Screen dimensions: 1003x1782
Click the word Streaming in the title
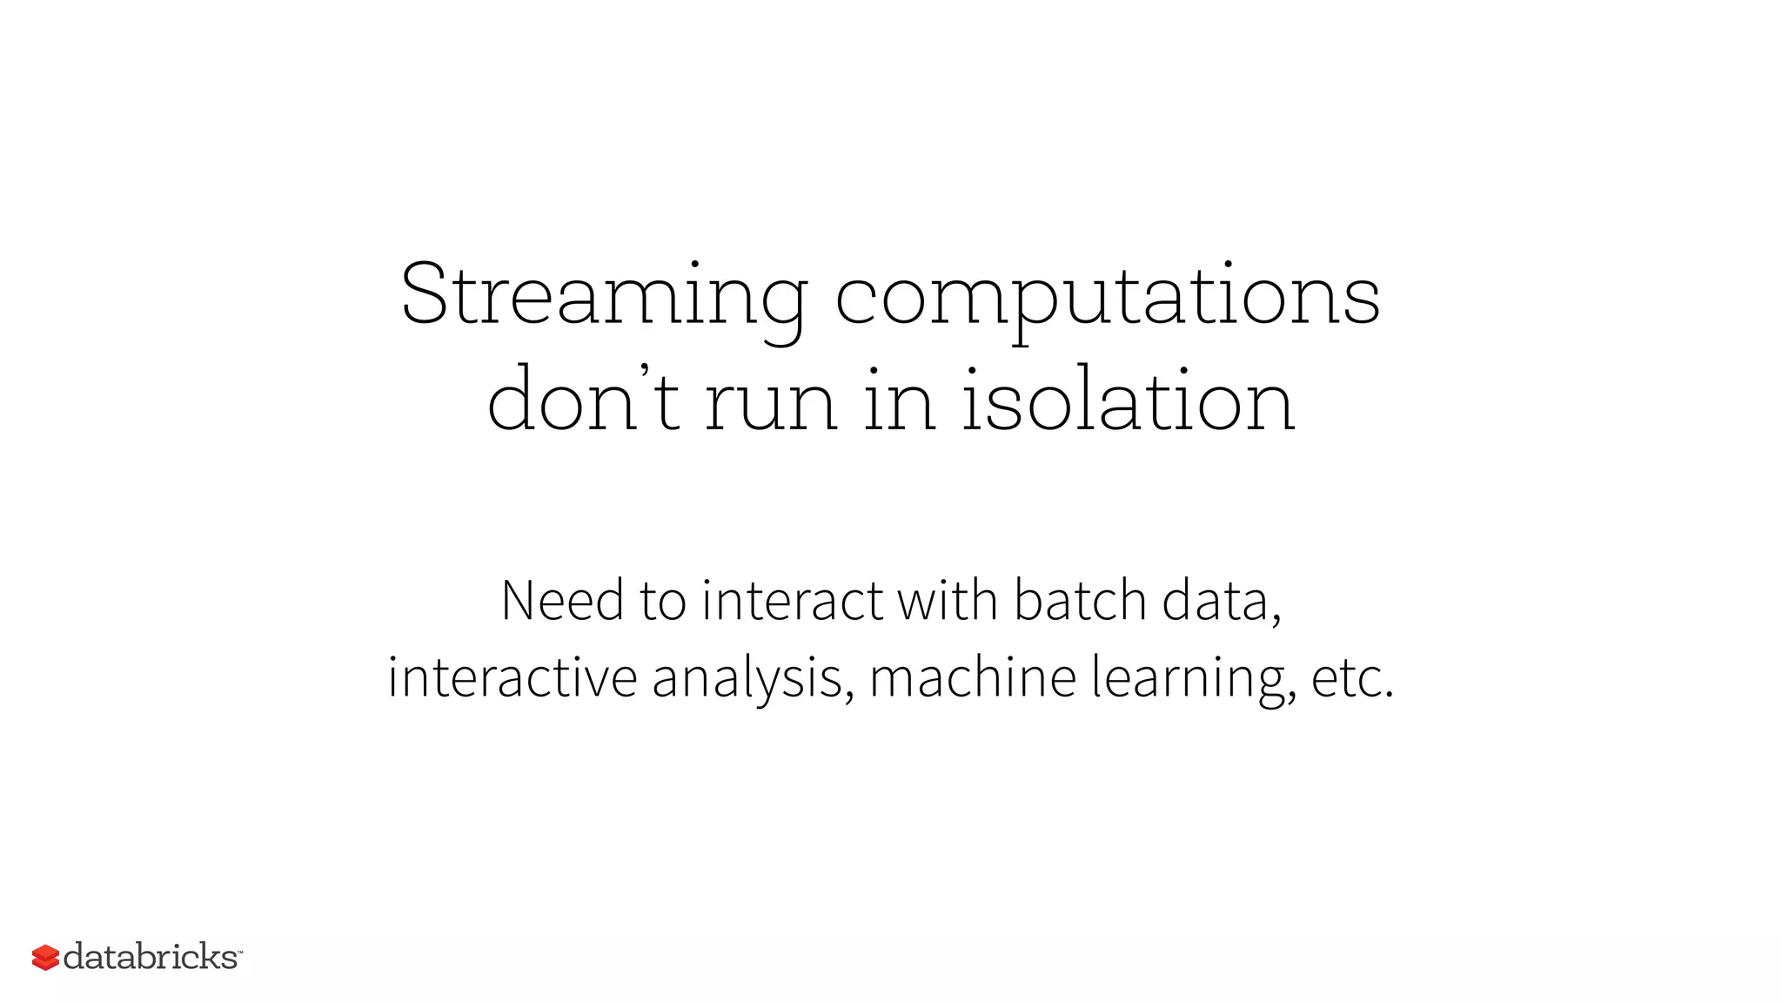point(604,296)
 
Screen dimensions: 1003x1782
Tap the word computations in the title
point(1107,296)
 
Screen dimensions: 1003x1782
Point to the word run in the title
point(771,402)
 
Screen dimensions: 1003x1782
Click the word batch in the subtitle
point(1081,601)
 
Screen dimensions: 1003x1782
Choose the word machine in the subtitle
point(973,677)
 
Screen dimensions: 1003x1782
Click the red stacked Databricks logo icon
point(45,958)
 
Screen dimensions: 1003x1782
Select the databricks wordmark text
point(150,957)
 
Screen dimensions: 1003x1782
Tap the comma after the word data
point(1276,617)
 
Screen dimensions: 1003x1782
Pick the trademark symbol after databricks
point(239,952)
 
